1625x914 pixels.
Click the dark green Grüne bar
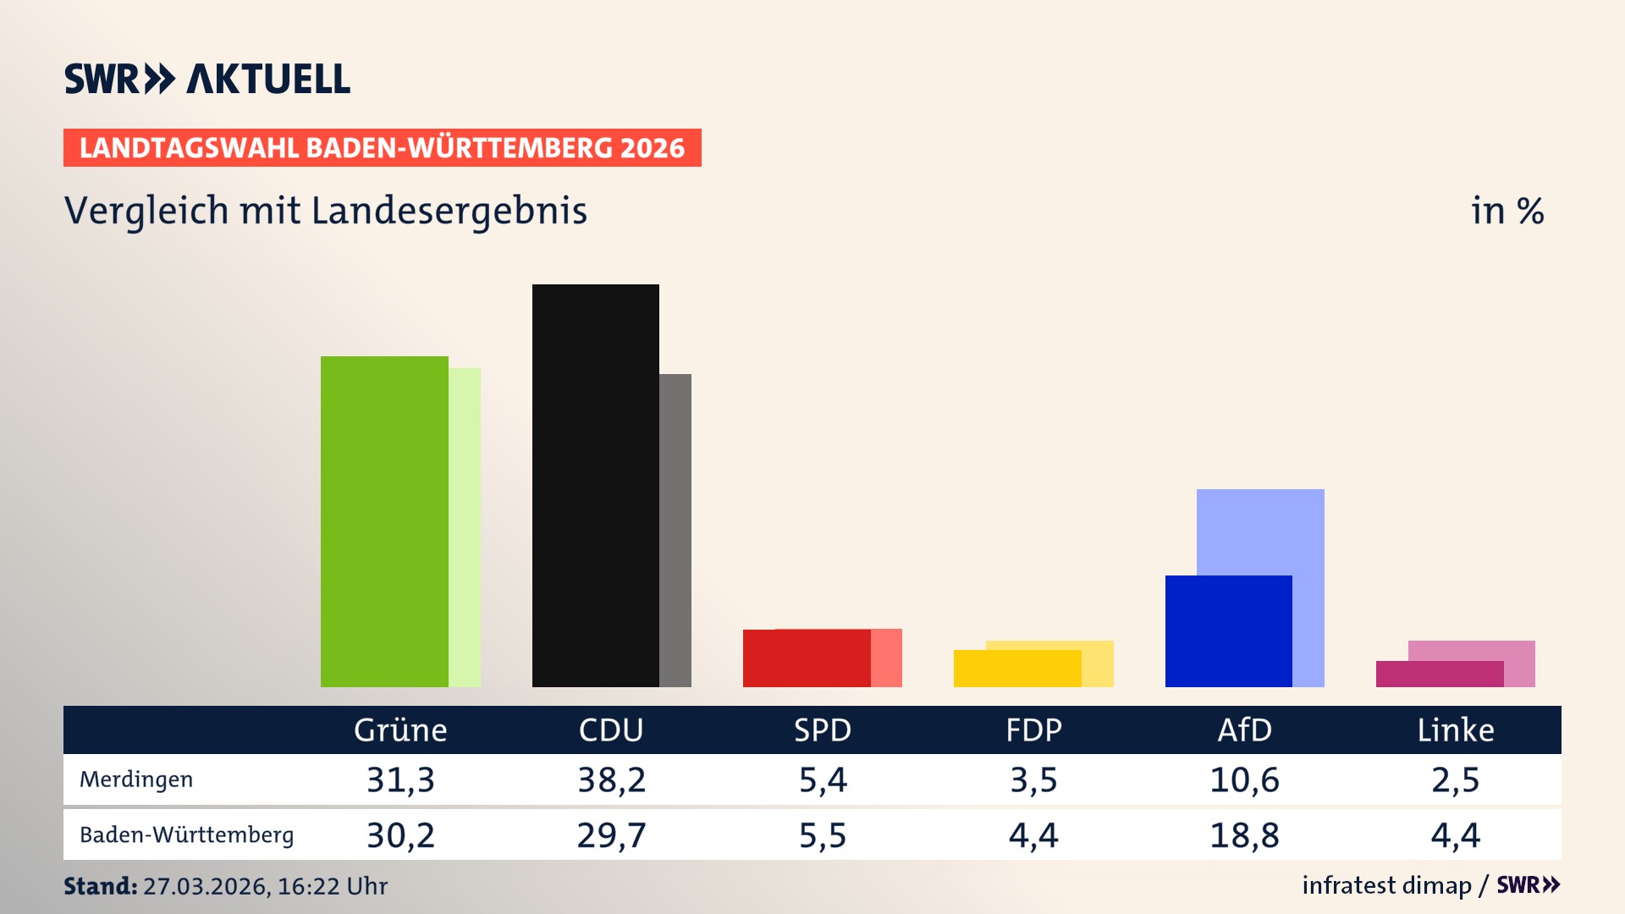click(384, 521)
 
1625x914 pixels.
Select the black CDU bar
click(595, 486)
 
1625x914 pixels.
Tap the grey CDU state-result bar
click(675, 530)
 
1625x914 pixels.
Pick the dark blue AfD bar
click(1228, 631)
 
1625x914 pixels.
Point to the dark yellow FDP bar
click(1016, 669)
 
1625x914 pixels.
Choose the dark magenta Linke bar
click(1439, 674)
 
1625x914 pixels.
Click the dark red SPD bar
click(806, 658)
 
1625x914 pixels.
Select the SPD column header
click(822, 730)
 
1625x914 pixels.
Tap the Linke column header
click(1455, 730)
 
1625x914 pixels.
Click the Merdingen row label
click(136, 779)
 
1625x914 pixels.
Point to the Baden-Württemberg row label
click(186, 835)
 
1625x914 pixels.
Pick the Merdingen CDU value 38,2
click(611, 779)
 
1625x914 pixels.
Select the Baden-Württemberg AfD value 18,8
click(1244, 835)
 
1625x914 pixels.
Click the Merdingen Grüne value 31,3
click(400, 779)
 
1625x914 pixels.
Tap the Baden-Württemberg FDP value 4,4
click(1033, 835)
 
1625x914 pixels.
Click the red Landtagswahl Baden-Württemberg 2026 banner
click(382, 148)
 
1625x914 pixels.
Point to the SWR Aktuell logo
click(207, 79)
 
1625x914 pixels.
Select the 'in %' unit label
click(1507, 212)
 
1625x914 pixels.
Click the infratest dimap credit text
click(1386, 885)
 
